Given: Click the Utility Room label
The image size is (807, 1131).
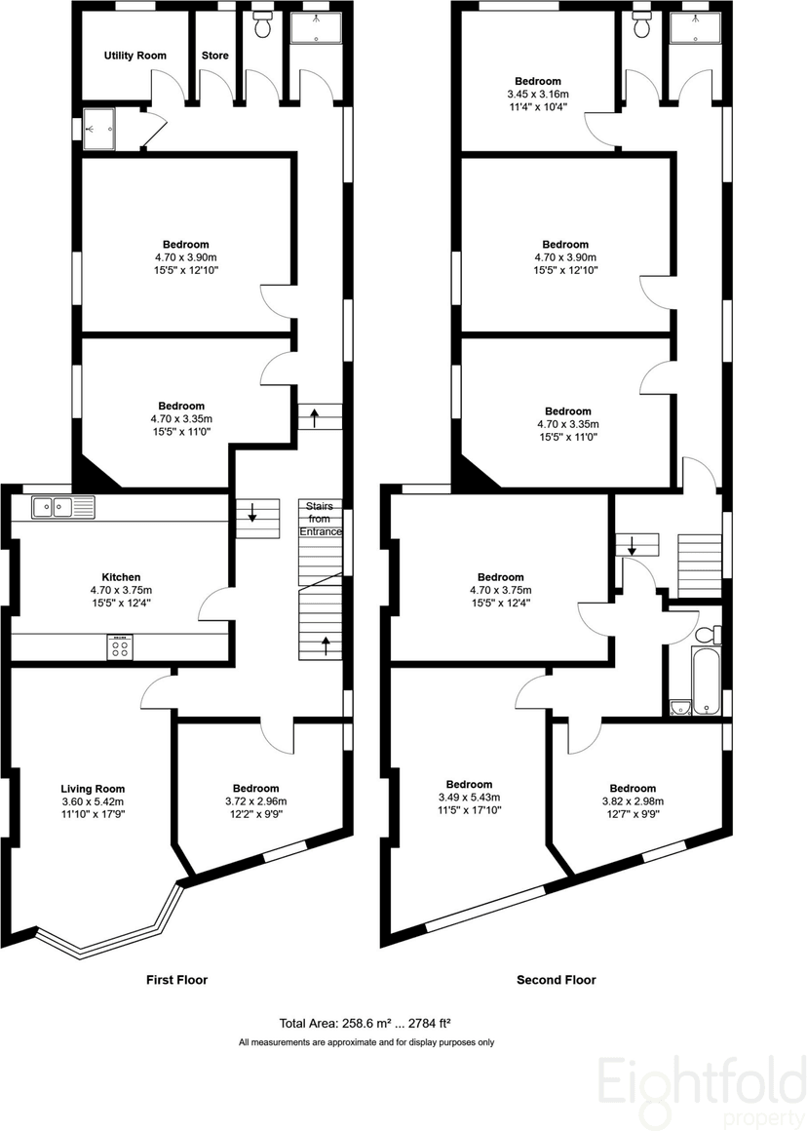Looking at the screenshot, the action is tap(134, 56).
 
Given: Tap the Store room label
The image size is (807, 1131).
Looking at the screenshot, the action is tap(215, 56).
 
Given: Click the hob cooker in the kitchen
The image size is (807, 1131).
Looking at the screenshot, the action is tap(121, 646).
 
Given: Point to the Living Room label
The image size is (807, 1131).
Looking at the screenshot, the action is tap(93, 789).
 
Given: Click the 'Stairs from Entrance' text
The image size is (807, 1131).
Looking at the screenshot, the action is tap(321, 519).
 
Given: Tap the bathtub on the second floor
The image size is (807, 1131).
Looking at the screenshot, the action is tap(706, 681).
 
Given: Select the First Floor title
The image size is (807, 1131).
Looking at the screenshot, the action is tap(176, 980).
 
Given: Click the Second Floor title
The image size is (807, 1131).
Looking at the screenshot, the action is tap(556, 980).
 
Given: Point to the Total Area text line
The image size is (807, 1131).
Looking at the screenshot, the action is tap(365, 1023).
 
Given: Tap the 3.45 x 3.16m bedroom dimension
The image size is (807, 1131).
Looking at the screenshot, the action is tap(538, 95).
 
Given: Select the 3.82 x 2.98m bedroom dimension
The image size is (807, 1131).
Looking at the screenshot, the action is tap(633, 801).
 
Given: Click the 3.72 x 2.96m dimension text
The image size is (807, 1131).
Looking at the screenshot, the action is tap(256, 801).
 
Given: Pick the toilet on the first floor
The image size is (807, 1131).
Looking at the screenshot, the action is tap(262, 24).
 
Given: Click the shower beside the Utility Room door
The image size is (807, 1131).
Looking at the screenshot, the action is tap(98, 129).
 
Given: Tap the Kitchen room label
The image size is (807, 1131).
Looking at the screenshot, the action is tap(121, 577).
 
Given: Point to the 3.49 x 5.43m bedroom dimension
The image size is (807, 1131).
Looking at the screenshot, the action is tap(469, 797).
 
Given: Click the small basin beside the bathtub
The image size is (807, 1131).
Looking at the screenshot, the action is tap(680, 707).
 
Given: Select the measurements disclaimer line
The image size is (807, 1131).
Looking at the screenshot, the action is tap(366, 1042).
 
